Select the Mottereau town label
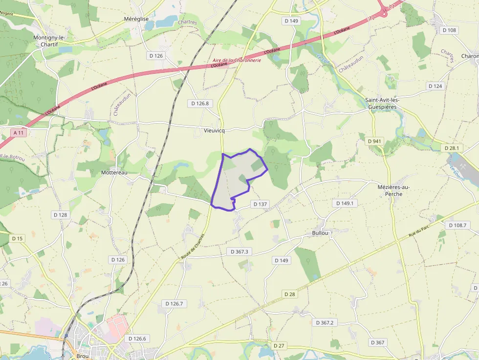[x=114, y=172]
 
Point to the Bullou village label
[x=321, y=233]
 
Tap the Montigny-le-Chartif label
[x=49, y=41]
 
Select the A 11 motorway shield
[x=19, y=132]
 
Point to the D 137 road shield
[x=260, y=204]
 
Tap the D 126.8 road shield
[x=200, y=104]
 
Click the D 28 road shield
[x=289, y=294]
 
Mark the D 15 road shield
[x=17, y=238]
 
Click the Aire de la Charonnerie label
[x=237, y=60]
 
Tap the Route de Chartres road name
[x=192, y=246]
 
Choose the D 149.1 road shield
[x=345, y=203]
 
